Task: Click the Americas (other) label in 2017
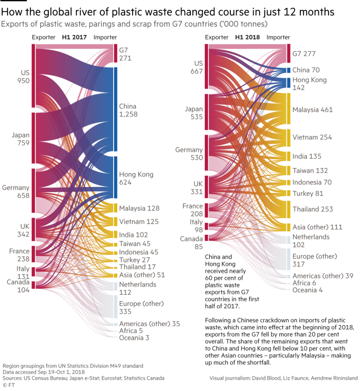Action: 149,324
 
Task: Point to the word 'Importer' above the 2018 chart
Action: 278,38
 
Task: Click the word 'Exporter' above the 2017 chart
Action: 43,38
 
